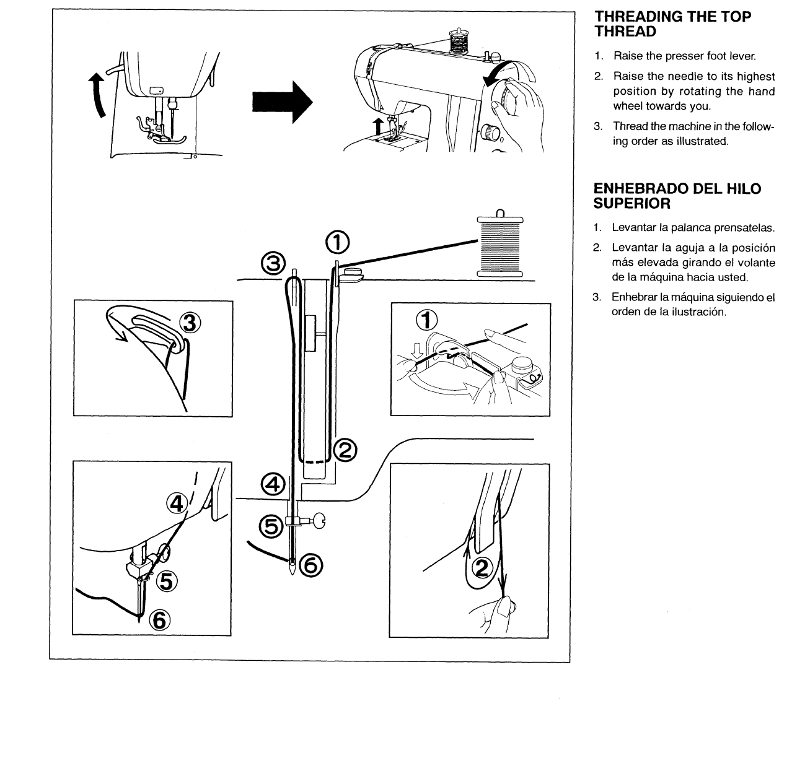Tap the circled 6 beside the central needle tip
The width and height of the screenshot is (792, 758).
click(x=310, y=564)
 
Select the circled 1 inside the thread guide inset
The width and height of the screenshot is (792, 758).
click(x=426, y=320)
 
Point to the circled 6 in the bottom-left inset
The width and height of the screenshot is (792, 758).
click(x=159, y=618)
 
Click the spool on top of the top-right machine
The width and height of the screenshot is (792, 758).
click(x=460, y=41)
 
